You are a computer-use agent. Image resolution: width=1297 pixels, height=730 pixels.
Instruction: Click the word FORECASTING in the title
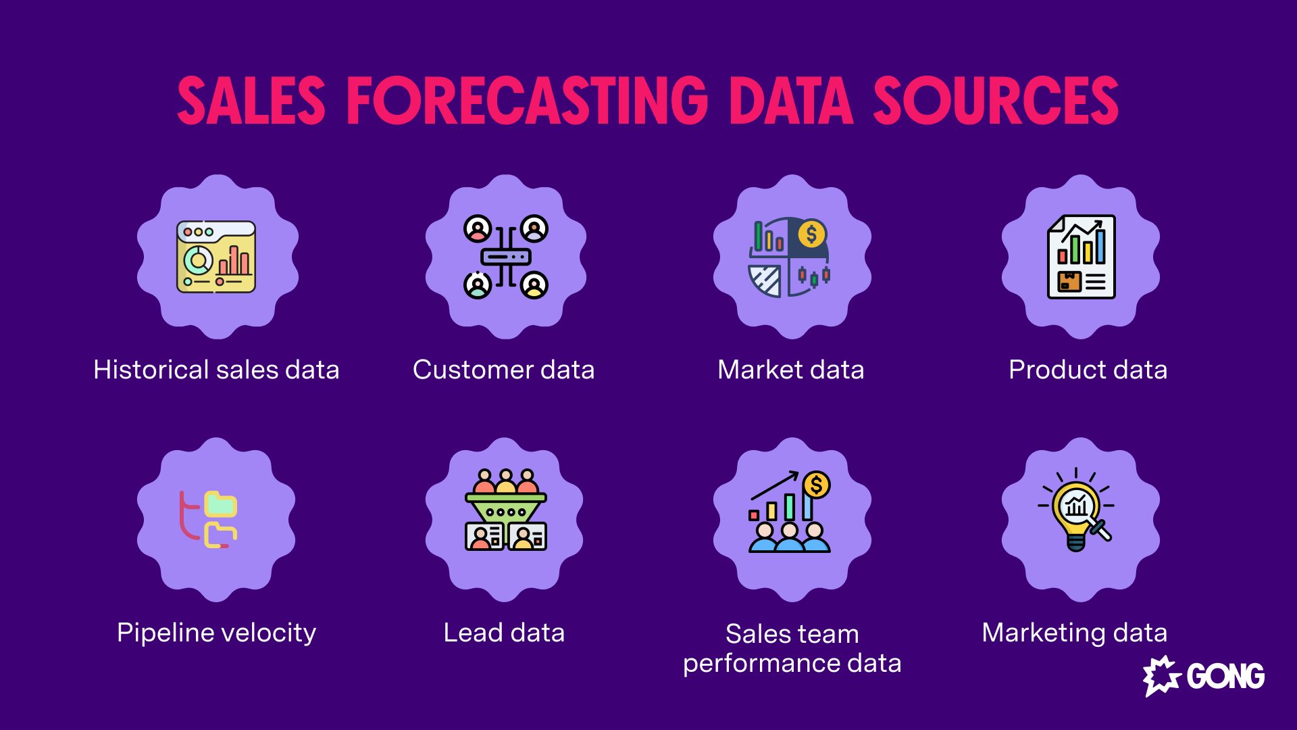[x=527, y=101]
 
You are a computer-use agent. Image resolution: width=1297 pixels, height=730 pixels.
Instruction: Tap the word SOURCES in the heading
[x=996, y=101]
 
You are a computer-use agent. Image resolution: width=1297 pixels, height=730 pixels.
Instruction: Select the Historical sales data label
[x=216, y=370]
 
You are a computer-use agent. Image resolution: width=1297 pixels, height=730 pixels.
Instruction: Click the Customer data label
[x=504, y=370]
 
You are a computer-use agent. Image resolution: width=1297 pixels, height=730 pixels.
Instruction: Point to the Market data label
[x=791, y=370]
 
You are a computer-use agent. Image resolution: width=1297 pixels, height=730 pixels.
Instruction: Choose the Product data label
[x=1088, y=370]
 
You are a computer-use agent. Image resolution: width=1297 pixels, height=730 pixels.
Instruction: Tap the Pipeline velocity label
[x=216, y=633]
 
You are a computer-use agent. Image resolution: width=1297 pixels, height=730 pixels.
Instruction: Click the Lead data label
[x=504, y=633]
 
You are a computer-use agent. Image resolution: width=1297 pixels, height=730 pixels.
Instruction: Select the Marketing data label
[x=1074, y=633]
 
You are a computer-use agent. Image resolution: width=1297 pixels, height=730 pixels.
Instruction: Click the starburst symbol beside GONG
[x=1161, y=676]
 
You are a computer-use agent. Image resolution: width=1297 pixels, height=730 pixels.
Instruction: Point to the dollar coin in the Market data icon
[x=811, y=235]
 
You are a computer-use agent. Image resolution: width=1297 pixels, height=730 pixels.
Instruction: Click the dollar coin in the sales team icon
[x=816, y=485]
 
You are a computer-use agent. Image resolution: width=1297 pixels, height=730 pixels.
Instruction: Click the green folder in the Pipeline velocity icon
[x=221, y=504]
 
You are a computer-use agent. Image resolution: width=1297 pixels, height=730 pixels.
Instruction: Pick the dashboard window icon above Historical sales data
[x=216, y=257]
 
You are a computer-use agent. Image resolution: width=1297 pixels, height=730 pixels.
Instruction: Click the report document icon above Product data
[x=1081, y=257]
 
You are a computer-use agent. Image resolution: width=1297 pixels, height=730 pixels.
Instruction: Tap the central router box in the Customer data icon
[x=505, y=257]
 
